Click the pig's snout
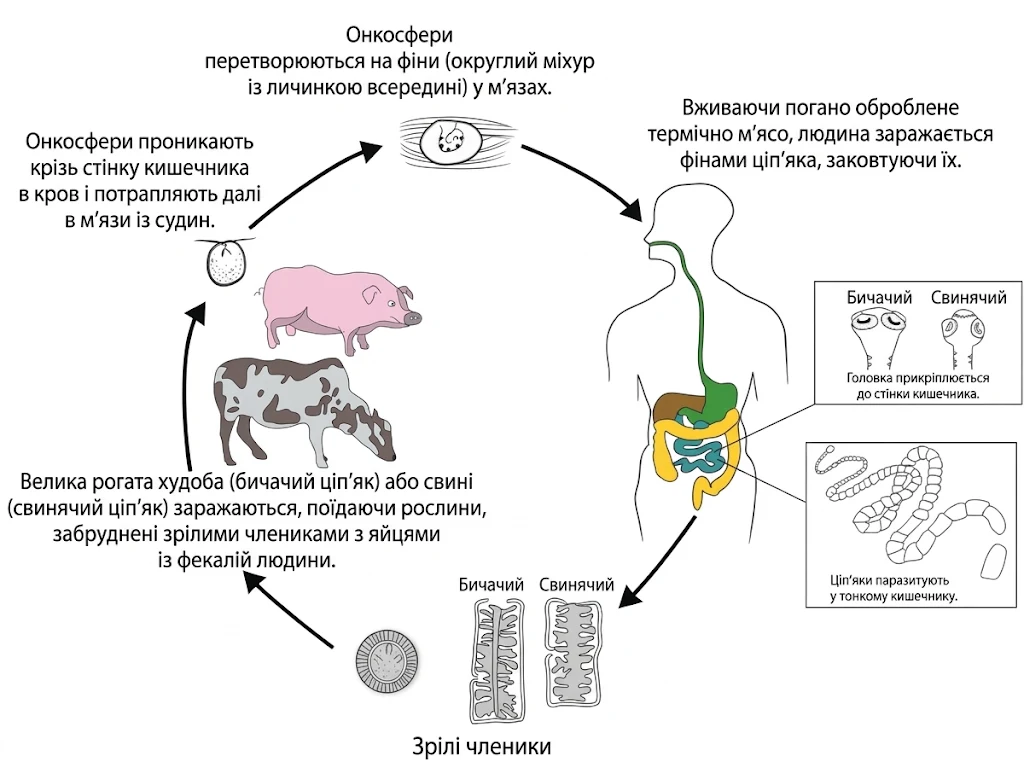(x=413, y=318)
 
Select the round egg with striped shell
(x=387, y=662)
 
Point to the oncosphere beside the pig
(x=226, y=262)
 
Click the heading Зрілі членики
(x=481, y=745)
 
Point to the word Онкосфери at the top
(x=399, y=34)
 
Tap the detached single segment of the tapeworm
(x=995, y=563)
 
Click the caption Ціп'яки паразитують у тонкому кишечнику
(x=893, y=588)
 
